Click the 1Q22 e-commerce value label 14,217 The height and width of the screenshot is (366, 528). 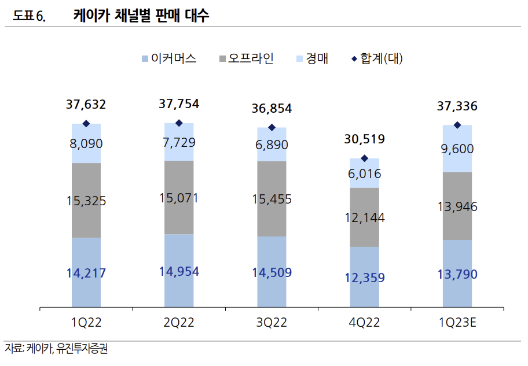click(86, 273)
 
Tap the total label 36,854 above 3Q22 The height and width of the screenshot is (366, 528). click(272, 108)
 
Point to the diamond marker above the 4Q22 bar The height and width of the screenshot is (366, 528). click(364, 158)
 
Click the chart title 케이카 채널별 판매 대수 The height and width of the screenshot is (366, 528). click(141, 16)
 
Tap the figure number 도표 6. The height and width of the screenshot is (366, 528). click(29, 17)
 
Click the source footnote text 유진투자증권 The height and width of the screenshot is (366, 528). click(82, 350)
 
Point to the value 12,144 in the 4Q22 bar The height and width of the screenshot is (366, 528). click(364, 218)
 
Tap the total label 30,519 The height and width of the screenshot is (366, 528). click(364, 139)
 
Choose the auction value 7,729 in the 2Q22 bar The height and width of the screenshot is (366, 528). click(179, 142)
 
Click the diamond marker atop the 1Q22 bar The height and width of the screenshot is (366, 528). click(86, 123)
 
